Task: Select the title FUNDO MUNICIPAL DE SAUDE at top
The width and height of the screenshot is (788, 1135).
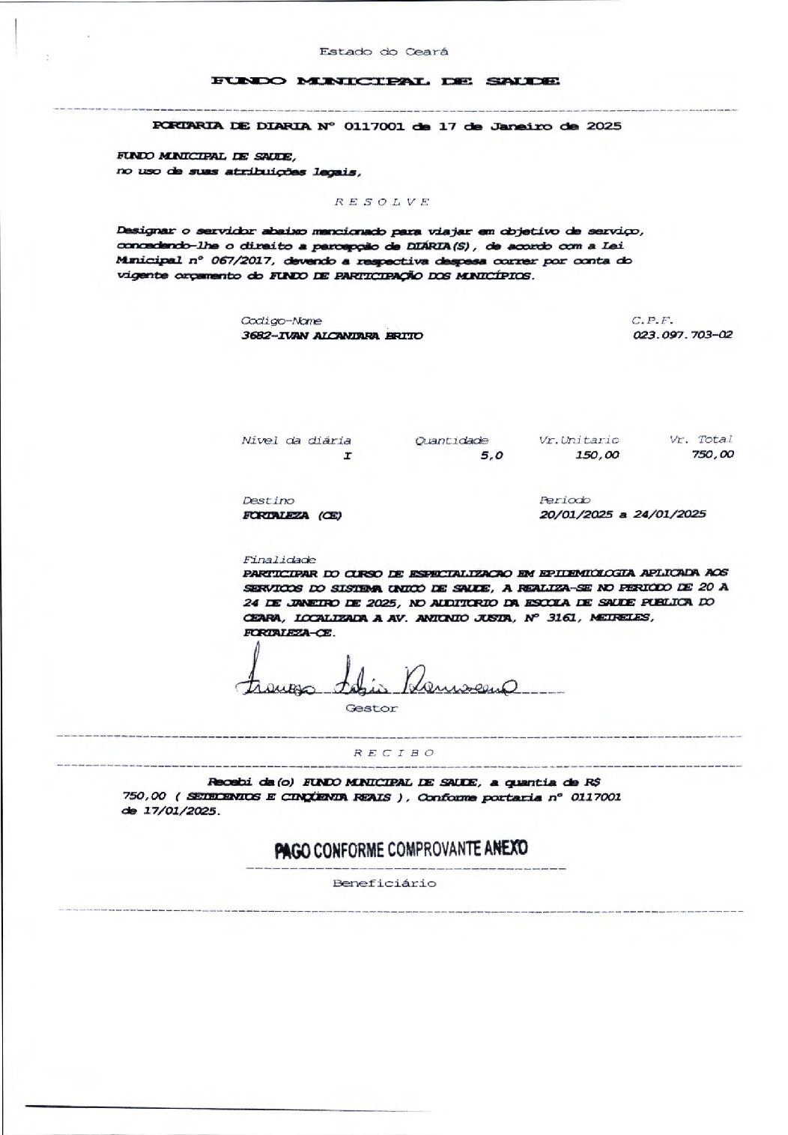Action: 385,81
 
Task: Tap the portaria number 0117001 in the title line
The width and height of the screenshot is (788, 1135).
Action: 374,126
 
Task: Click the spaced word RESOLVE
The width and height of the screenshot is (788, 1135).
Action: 381,202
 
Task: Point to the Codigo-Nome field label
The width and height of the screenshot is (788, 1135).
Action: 282,321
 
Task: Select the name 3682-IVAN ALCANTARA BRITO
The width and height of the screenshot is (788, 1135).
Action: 332,336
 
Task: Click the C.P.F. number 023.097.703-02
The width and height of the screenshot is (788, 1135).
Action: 682,335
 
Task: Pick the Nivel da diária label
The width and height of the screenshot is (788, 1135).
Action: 296,441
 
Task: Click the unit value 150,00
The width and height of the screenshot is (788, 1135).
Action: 597,455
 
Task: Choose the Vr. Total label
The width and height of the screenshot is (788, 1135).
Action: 700,440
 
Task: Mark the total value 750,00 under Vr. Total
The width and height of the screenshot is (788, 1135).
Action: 712,454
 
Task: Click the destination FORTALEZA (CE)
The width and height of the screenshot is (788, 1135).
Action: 292,515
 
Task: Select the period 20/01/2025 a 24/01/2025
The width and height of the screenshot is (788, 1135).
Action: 622,515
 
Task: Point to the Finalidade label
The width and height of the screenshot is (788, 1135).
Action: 279,560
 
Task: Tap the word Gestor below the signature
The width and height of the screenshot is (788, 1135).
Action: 372,708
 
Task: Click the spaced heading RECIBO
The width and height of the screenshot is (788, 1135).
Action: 393,753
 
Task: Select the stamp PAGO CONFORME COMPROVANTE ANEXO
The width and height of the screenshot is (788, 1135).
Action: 401,849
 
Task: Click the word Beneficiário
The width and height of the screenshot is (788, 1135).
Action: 384,883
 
